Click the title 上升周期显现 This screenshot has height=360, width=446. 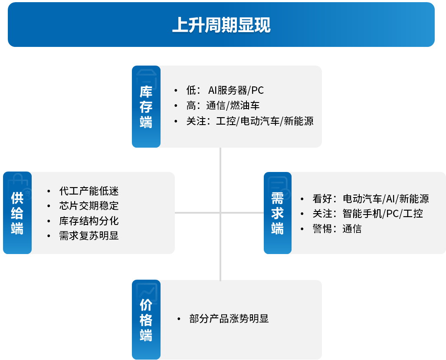coord(221,25)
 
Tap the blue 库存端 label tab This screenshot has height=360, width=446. coord(146,106)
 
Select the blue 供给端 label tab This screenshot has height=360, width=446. coord(17,213)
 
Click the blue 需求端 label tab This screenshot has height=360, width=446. coord(278,213)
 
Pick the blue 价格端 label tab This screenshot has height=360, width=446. coord(146,320)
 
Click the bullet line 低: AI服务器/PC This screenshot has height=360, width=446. coord(225,90)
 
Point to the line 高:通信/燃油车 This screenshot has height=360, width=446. coord(223,106)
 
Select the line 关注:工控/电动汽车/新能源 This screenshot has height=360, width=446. coord(250,121)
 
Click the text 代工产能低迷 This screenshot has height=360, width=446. coord(89,191)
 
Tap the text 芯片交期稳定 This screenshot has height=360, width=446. coord(89,206)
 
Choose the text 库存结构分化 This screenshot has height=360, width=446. coord(89,221)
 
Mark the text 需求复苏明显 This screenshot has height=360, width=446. coord(89,236)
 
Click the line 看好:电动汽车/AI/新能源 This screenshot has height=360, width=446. coord(371,199)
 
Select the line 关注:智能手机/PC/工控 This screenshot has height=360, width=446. coord(368,214)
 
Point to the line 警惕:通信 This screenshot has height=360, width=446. coord(337,229)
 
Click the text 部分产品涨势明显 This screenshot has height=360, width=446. coord(229,319)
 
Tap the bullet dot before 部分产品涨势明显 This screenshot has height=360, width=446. coord(179,319)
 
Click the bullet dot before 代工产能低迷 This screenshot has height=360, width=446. coord(49,192)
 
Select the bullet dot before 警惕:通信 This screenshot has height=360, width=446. coord(302,229)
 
